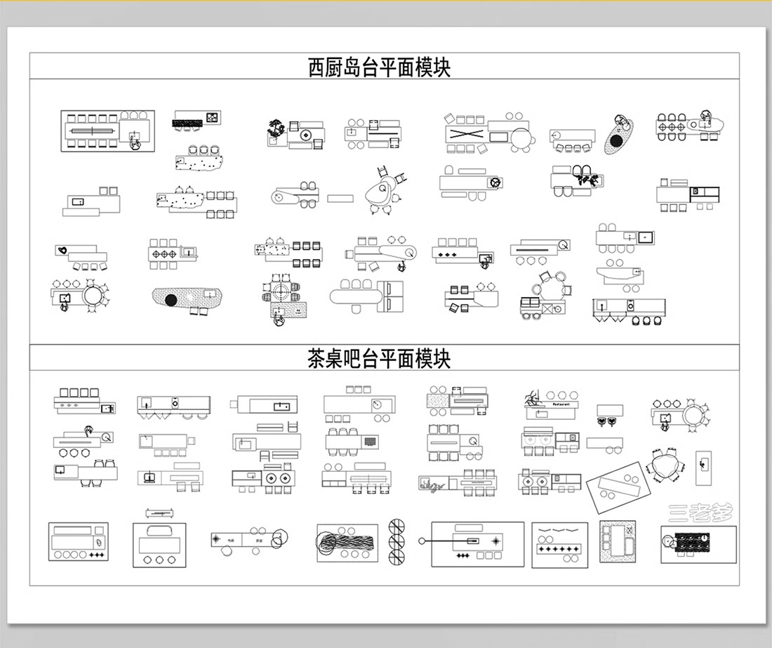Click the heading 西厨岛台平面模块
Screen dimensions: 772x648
(379, 67)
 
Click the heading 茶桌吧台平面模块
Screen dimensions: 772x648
(379, 359)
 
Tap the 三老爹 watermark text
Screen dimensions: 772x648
(700, 513)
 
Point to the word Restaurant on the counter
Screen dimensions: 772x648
(561, 404)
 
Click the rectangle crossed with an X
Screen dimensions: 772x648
(465, 133)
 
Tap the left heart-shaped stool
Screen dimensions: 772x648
(602, 422)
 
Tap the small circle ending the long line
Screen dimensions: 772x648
(422, 541)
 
